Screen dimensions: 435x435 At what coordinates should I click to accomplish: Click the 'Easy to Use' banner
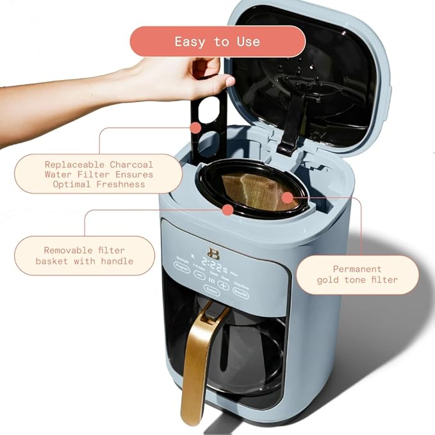(217, 42)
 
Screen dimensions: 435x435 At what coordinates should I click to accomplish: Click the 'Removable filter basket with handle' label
(85, 256)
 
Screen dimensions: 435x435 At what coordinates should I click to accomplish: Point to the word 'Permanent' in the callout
(357, 269)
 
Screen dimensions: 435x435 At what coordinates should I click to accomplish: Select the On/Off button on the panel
(241, 290)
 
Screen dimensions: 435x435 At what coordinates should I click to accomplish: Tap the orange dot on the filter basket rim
(227, 209)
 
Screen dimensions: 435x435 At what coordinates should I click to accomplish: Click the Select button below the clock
(211, 290)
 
